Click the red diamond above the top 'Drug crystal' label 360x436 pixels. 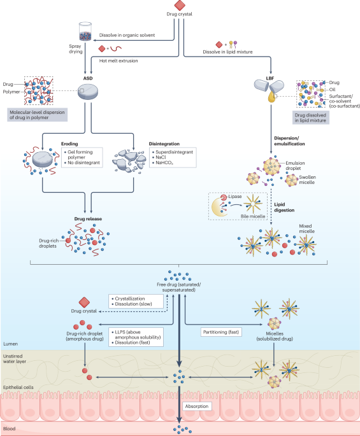pyautogui.click(x=180, y=5)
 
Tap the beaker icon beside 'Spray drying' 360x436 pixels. pyautogui.click(x=85, y=31)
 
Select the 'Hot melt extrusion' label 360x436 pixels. pyautogui.click(x=119, y=60)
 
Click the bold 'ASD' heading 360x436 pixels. pyautogui.click(x=88, y=78)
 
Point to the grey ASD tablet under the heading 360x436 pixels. pyautogui.click(x=88, y=92)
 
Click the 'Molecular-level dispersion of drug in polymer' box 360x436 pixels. pyautogui.click(x=38, y=115)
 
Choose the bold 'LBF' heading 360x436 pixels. pyautogui.click(x=270, y=78)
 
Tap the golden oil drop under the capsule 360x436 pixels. pyautogui.click(x=271, y=97)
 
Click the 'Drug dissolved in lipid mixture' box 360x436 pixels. pyautogui.click(x=310, y=118)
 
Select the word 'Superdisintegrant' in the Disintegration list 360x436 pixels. pyautogui.click(x=174, y=152)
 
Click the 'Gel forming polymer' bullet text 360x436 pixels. pyautogui.click(x=80, y=155)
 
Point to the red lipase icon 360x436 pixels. pyautogui.click(x=224, y=197)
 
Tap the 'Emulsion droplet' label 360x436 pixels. pyautogui.click(x=295, y=165)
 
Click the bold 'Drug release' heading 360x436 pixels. pyautogui.click(x=88, y=219)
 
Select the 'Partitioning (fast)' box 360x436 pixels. pyautogui.click(x=221, y=332)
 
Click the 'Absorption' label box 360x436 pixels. pyautogui.click(x=197, y=406)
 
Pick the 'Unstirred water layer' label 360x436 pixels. pyautogui.click(x=15, y=359)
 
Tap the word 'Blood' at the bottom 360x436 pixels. pyautogui.click(x=9, y=428)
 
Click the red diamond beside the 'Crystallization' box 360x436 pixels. pyautogui.click(x=84, y=302)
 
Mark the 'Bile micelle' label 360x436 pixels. pyautogui.click(x=253, y=216)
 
